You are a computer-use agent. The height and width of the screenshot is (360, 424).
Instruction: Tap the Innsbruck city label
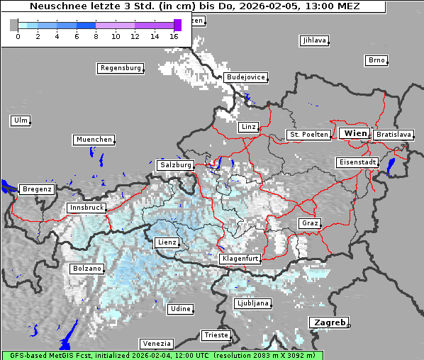[87, 208]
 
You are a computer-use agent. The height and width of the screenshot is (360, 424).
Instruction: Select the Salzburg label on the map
[176, 164]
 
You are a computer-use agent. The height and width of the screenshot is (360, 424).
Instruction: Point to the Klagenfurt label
[240, 259]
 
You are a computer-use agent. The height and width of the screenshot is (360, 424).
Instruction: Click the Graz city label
[310, 223]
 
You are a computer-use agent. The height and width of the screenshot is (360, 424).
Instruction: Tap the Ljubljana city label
[252, 303]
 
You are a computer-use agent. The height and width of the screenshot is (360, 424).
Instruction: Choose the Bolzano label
[87, 269]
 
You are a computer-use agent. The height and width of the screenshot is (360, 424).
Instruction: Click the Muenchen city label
[94, 140]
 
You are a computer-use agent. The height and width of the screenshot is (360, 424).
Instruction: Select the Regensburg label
[120, 68]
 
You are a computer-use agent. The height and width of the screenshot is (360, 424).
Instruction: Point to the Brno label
[376, 60]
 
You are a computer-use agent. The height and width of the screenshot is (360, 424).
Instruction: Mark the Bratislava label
[394, 134]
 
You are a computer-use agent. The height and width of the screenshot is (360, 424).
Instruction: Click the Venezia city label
[156, 343]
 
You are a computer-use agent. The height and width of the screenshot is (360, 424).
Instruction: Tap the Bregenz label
[37, 189]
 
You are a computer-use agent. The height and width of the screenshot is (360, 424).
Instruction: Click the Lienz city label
[167, 242]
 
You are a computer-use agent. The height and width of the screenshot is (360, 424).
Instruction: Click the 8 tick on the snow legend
[96, 35]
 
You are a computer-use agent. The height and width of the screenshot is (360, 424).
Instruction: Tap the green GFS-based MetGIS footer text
[162, 355]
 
